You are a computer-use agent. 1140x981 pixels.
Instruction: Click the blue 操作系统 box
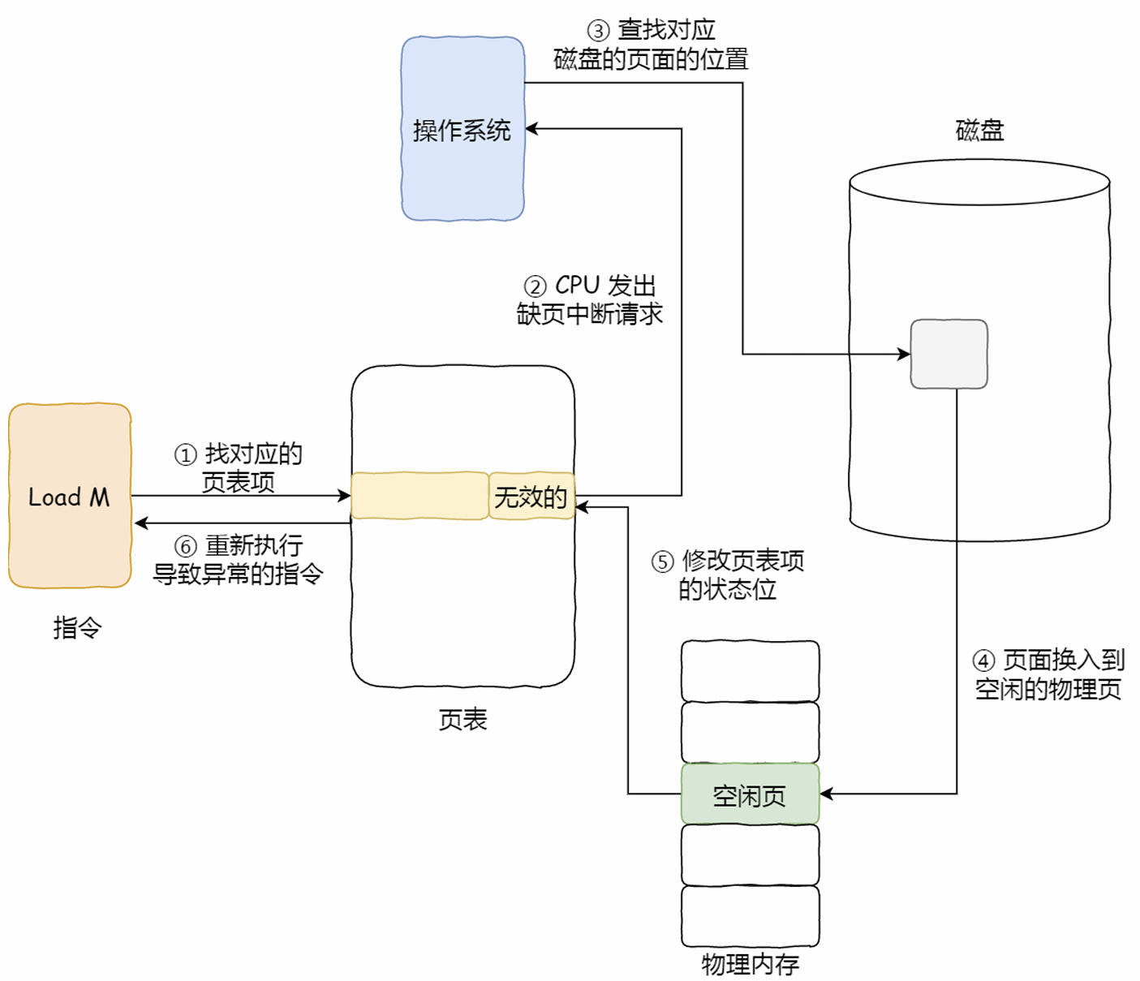point(462,129)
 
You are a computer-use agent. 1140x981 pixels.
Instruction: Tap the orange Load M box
point(70,496)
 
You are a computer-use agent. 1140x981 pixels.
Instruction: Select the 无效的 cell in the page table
point(531,496)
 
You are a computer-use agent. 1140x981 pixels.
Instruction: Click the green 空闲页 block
point(750,794)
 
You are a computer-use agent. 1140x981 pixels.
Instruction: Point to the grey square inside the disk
point(949,354)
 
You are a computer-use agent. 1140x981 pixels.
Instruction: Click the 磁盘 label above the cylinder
point(979,130)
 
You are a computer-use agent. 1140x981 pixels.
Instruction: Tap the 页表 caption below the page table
point(462,720)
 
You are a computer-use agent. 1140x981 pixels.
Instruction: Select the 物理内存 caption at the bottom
point(750,964)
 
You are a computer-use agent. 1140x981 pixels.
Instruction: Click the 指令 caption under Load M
point(77,627)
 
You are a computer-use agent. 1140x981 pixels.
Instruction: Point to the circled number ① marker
point(186,455)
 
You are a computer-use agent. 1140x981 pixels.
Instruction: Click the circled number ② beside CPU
point(536,286)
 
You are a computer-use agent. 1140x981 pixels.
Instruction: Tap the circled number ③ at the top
point(598,31)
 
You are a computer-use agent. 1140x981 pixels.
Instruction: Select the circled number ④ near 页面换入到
point(983,660)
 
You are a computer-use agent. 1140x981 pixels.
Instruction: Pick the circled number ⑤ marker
point(663,561)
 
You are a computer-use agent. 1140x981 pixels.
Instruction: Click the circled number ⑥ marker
point(186,546)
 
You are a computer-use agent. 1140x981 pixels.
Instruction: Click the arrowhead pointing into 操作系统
point(531,128)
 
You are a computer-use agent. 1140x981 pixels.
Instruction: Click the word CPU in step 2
point(577,286)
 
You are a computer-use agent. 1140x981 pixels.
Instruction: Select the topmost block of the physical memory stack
point(750,671)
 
